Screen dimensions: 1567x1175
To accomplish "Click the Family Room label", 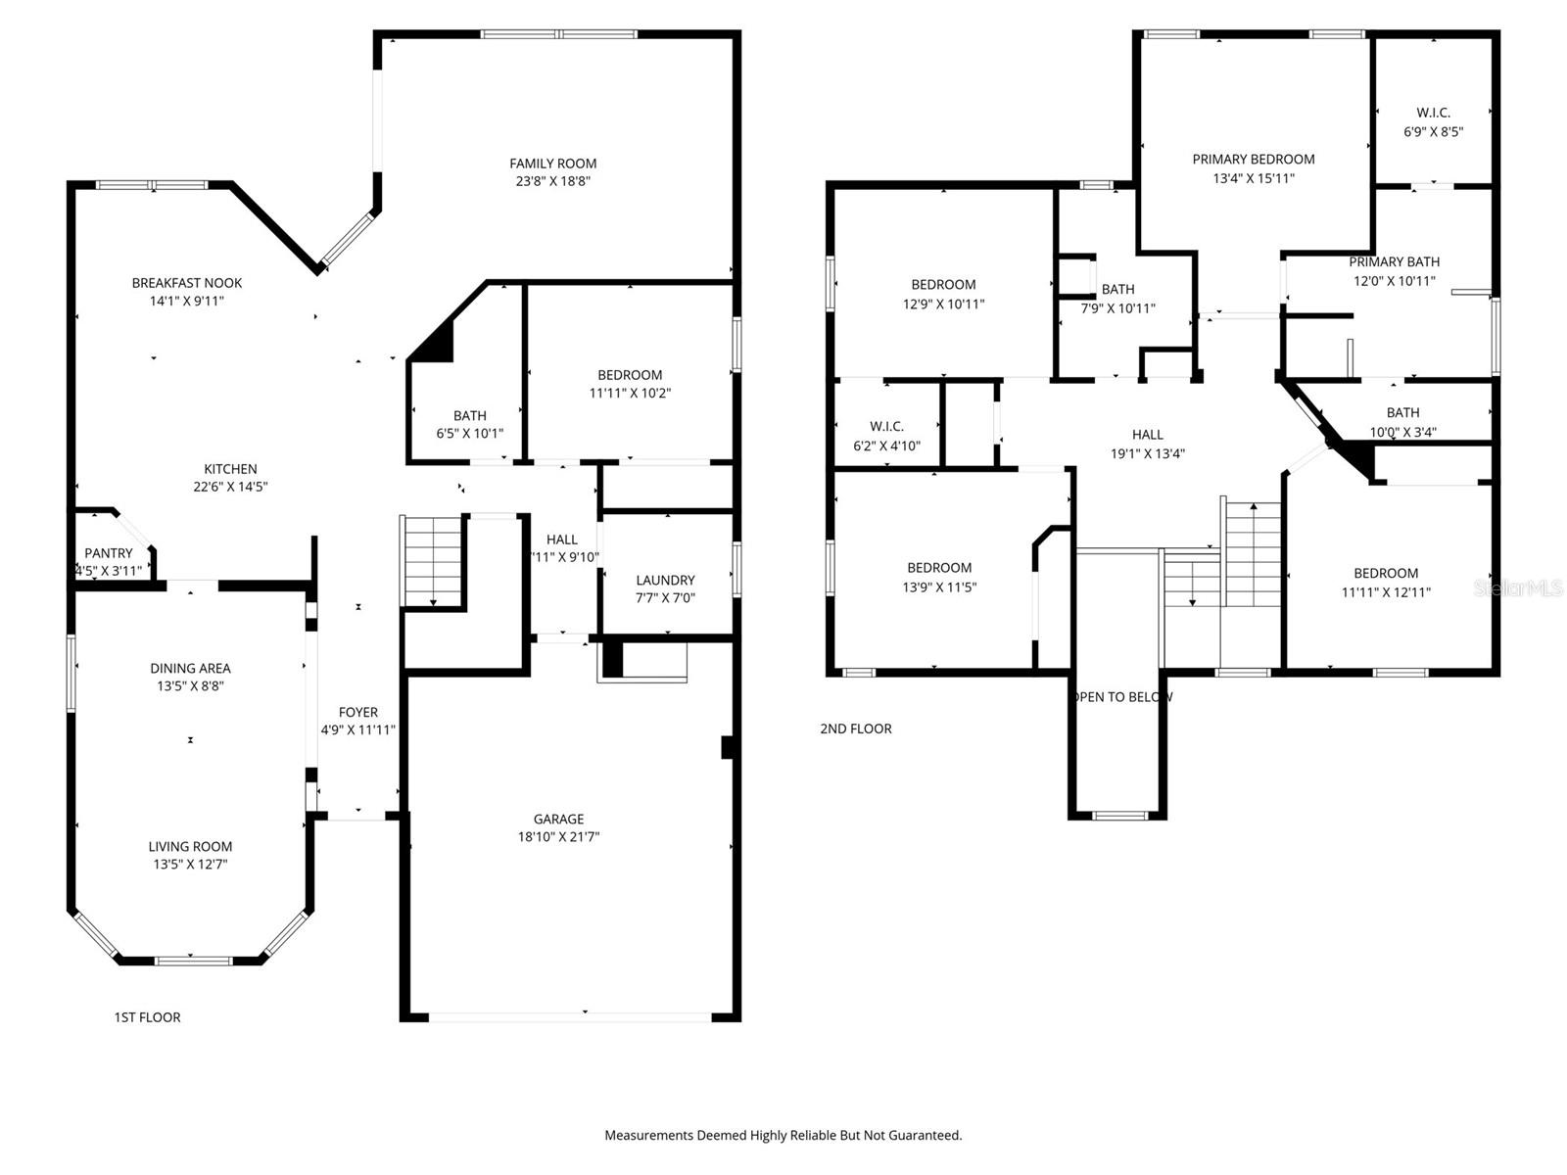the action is click(x=552, y=164).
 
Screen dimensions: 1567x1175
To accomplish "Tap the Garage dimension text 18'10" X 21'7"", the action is click(x=558, y=837).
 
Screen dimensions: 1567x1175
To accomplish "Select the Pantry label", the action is click(x=108, y=553).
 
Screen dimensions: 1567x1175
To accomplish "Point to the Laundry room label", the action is click(x=665, y=581).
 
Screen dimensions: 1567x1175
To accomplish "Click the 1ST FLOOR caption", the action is click(x=147, y=1017).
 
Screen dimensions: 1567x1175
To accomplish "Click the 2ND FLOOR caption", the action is click(x=855, y=728).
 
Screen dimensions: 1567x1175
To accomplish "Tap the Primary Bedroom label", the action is click(x=1253, y=160).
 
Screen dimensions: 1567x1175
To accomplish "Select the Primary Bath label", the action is click(x=1394, y=262).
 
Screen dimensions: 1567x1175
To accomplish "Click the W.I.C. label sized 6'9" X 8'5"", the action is click(x=1433, y=114).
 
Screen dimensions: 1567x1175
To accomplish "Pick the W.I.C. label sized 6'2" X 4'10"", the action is click(x=886, y=427).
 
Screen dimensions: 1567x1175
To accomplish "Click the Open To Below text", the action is click(x=1122, y=697).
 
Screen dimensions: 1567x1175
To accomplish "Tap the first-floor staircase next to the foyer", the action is click(x=433, y=562).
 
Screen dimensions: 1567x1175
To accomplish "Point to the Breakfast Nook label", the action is click(x=186, y=283).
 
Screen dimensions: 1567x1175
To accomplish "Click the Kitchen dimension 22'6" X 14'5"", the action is click(x=230, y=487).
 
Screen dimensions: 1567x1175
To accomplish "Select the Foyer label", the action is click(x=357, y=713).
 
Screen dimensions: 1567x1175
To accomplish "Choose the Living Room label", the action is click(x=190, y=847).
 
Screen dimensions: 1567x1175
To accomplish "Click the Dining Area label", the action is click(x=190, y=669).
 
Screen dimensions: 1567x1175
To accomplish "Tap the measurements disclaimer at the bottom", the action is click(x=783, y=1136).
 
